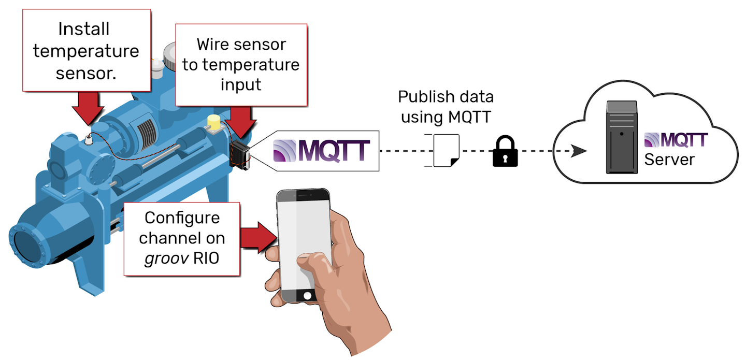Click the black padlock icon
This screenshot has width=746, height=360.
(505, 151)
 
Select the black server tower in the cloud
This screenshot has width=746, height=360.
(622, 137)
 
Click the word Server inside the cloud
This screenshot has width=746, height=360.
(669, 159)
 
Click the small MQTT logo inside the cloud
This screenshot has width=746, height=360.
(676, 140)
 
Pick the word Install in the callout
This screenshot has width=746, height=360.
(84, 29)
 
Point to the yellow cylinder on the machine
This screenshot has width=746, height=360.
(213, 122)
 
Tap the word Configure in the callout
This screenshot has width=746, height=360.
(182, 218)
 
